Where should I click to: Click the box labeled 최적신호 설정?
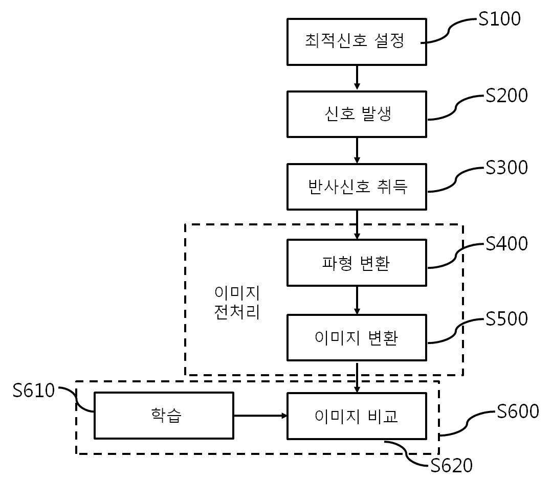coord(357,42)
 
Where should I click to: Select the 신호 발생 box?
coord(357,114)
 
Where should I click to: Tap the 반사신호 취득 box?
coord(357,187)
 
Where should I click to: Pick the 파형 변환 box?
coord(357,263)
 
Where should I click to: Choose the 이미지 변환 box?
coord(357,337)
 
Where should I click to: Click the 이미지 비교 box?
coord(357,416)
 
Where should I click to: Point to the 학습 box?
coord(164,416)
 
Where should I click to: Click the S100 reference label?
coord(499,19)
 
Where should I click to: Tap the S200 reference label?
coord(506,96)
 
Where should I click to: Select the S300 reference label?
coord(506,168)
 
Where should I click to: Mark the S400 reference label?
coord(506,243)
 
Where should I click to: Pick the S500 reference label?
coord(506,319)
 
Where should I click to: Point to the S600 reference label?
coord(518,411)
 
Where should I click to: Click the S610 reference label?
coord(34,391)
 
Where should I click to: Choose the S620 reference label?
coord(452,466)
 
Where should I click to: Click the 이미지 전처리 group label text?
coord(237,302)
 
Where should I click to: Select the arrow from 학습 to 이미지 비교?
coord(260,416)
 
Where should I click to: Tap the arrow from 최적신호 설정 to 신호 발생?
coord(357,78)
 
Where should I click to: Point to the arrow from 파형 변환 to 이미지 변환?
coord(357,300)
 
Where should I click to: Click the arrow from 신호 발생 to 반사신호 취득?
coord(357,150)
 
